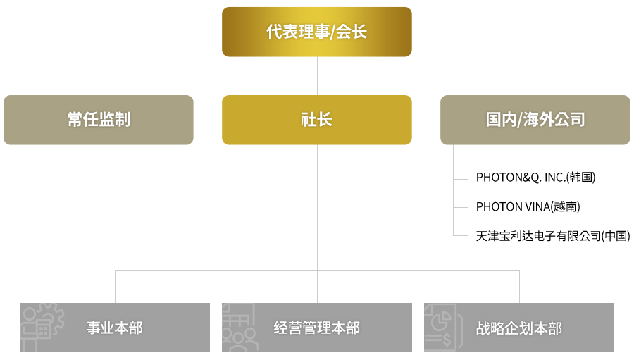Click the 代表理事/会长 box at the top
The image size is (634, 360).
pyautogui.click(x=316, y=32)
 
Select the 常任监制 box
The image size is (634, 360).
pyautogui.click(x=99, y=120)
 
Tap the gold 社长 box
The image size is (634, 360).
pyautogui.click(x=316, y=120)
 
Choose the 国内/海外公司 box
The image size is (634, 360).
pyautogui.click(x=535, y=120)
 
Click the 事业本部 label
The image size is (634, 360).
pyautogui.click(x=115, y=328)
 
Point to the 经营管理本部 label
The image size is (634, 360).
pyautogui.click(x=317, y=328)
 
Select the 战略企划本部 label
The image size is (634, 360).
pyautogui.click(x=519, y=328)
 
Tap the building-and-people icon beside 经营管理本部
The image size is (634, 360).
pyautogui.click(x=238, y=328)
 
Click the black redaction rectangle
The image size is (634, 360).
pyautogui.click(x=549, y=204)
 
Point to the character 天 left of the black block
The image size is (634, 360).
pyautogui.click(x=480, y=237)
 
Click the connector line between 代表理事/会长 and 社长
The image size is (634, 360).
pyautogui.click(x=317, y=75)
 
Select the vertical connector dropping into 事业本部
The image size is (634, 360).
pyautogui.click(x=115, y=285)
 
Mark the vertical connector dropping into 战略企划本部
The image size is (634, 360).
pyautogui.click(x=519, y=285)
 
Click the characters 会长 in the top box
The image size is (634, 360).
pyautogui.click(x=352, y=32)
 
